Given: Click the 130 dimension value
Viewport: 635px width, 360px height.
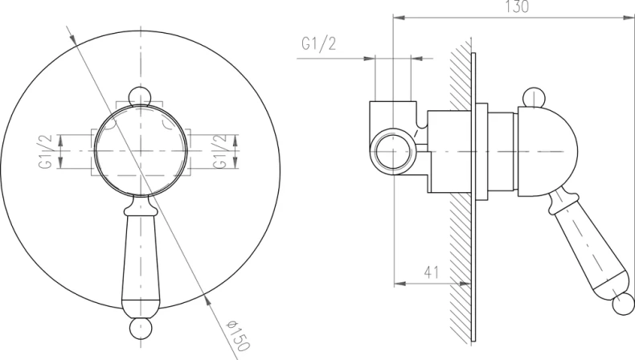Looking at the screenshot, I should (x=518, y=7).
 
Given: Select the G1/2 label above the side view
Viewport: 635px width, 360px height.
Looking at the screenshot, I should (x=319, y=45).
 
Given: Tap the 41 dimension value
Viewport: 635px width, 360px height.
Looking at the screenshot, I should (x=432, y=272).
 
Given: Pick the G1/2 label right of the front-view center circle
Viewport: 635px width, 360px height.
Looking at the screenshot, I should (x=216, y=151).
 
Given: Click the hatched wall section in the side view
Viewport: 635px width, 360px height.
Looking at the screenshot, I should (x=461, y=241).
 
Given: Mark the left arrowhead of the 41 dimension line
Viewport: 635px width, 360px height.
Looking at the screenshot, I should (x=398, y=283).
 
